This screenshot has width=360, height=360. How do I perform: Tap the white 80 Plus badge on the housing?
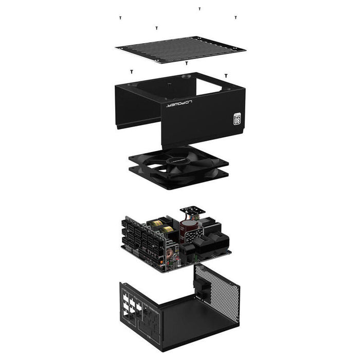[237, 119]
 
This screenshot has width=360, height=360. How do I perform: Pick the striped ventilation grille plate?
[180, 50]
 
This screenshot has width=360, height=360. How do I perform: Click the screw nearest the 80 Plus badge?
[226, 76]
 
